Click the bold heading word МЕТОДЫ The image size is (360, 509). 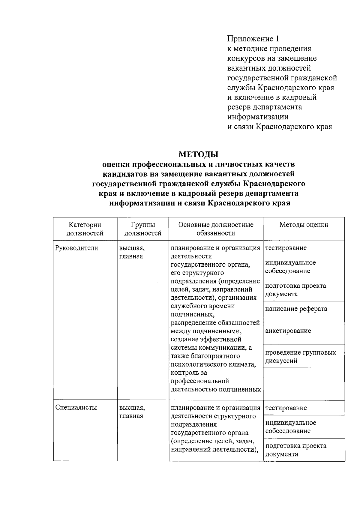tap(198, 154)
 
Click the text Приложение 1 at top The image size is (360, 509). tap(253, 39)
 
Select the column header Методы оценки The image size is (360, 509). tap(304, 225)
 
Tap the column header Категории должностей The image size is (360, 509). tap(85, 229)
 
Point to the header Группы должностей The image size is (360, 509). tap(143, 229)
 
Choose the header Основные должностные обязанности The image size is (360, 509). tap(216, 229)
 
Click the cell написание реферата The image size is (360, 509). tap(296, 309)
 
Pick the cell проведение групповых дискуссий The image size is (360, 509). tap(300, 357)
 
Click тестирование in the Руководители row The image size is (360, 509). tap(286, 248)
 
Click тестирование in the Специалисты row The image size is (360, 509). tap(286, 408)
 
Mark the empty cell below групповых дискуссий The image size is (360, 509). tap(304, 384)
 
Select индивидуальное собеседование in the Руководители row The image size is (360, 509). tap(290, 267)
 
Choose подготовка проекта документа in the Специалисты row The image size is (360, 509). tap(295, 450)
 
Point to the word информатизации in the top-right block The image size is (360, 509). tap(258, 117)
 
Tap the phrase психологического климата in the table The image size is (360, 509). tap(213, 364)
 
